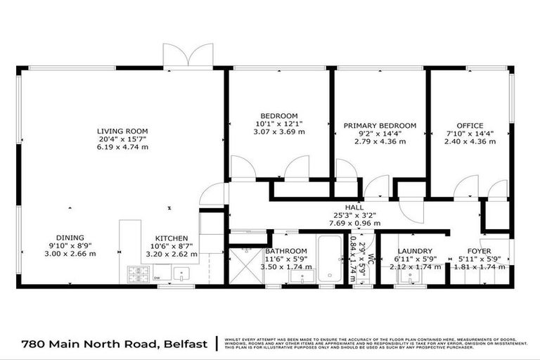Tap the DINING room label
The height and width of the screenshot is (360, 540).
click(71, 238)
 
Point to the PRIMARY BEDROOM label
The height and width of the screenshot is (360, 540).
click(380, 126)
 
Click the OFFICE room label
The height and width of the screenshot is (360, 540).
click(471, 126)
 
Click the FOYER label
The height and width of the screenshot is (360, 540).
click(480, 251)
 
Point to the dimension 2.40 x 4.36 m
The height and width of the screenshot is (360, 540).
click(471, 141)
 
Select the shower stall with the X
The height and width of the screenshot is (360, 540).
click(244, 268)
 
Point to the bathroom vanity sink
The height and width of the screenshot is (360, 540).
click(296, 276)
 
